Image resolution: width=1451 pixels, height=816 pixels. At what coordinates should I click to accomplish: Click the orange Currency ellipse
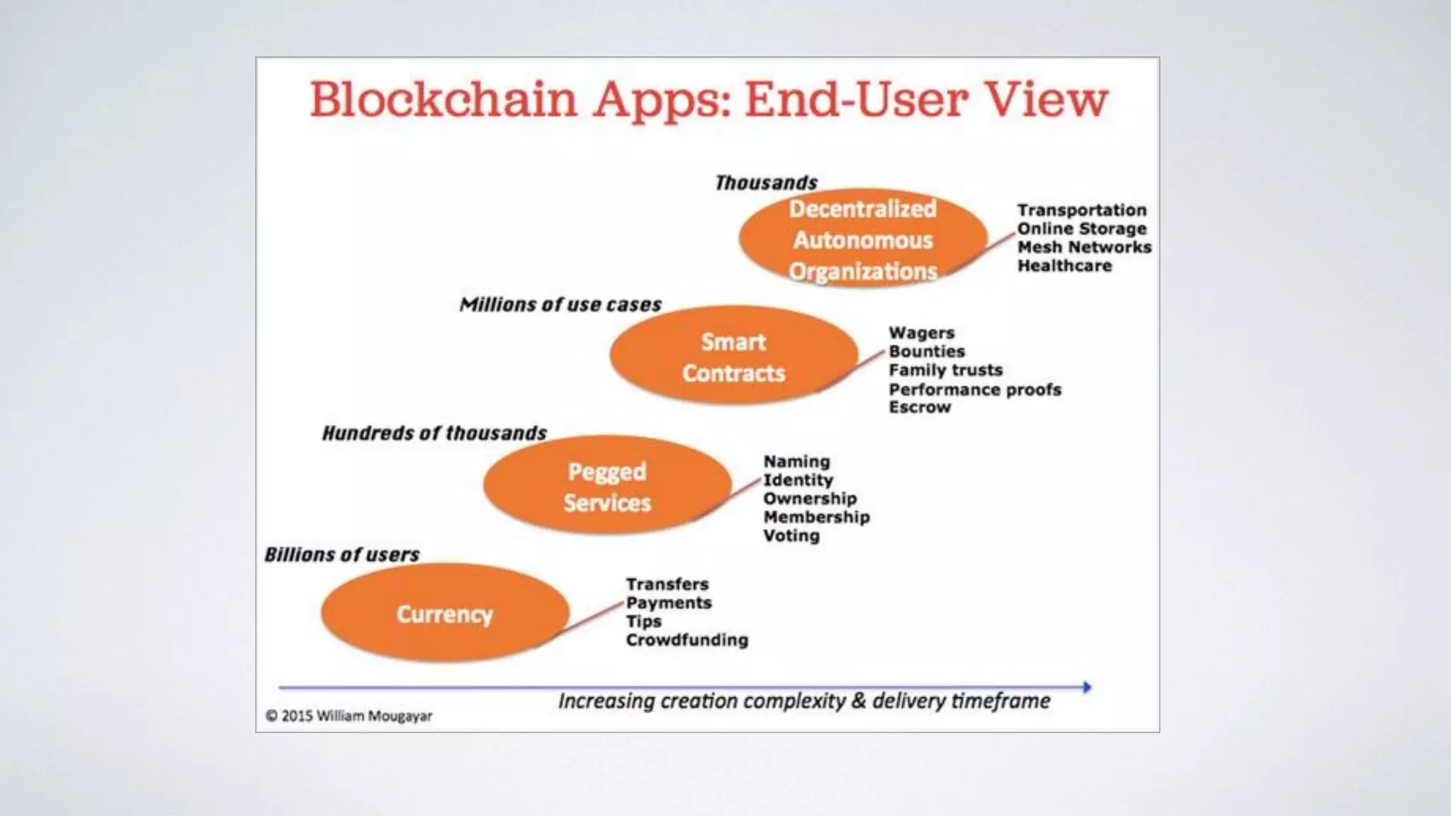point(445,613)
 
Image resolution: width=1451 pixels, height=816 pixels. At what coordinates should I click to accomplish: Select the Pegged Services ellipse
point(607,486)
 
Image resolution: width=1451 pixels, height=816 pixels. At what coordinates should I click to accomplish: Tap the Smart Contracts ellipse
point(733,357)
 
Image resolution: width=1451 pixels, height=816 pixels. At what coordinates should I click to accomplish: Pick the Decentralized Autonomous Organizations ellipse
point(862,239)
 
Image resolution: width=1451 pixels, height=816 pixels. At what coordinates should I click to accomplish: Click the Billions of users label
point(342,555)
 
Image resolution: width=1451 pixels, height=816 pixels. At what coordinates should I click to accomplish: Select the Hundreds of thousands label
point(434,433)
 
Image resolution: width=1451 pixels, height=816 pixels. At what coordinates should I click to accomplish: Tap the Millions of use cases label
point(560,305)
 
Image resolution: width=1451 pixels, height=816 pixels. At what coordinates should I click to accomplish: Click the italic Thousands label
point(766,183)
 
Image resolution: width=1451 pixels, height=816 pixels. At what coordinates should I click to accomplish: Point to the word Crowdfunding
point(687,640)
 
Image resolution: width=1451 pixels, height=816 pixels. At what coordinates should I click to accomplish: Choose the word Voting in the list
point(791,535)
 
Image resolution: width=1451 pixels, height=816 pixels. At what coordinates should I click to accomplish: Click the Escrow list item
point(920,407)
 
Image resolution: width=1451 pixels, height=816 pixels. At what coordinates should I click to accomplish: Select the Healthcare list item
point(1064,266)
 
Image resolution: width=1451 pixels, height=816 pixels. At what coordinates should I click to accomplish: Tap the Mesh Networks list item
point(1084,247)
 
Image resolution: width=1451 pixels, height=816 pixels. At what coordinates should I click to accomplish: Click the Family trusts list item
point(945,370)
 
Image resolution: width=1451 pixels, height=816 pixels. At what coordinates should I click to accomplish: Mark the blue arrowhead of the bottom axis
point(1087,686)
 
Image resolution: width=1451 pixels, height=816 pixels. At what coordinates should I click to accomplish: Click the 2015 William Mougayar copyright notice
point(349,716)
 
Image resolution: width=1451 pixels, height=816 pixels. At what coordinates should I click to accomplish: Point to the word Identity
point(798,480)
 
